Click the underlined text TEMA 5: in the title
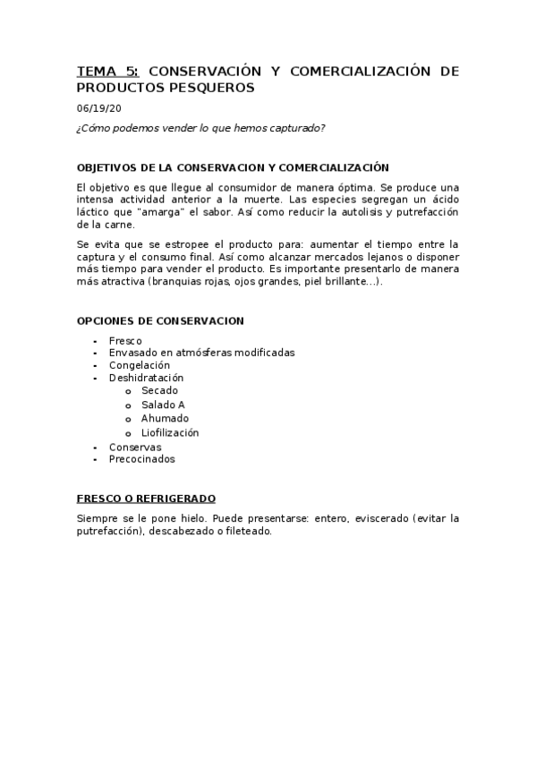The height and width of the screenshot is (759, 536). [107, 71]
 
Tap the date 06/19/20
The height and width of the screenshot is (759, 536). [96, 108]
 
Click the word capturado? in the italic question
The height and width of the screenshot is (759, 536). [299, 127]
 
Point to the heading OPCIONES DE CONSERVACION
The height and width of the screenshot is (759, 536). [160, 320]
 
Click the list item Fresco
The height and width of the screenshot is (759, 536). [125, 341]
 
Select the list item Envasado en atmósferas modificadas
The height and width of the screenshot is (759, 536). [201, 353]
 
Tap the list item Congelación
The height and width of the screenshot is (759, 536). [139, 365]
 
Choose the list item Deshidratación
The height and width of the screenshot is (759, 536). [146, 378]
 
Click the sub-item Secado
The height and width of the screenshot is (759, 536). [159, 390]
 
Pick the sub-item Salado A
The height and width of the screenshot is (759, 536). [163, 405]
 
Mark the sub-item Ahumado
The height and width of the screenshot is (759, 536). [165, 418]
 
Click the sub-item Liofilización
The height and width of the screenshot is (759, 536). [170, 432]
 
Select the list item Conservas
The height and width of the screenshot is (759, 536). [135, 447]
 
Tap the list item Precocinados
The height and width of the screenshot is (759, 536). [141, 459]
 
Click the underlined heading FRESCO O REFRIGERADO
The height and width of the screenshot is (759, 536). [146, 499]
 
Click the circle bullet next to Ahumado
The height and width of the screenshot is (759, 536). [129, 419]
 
